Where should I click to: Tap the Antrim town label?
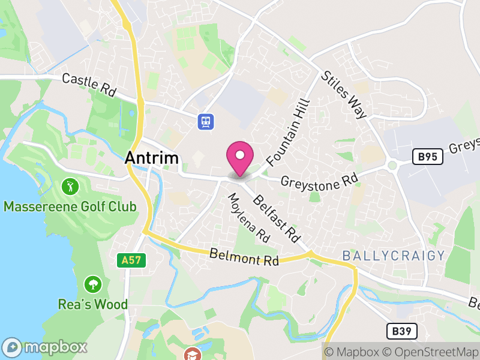[152, 158]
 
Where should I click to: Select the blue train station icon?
[206, 121]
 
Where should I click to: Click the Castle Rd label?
[89, 85]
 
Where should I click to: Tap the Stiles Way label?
[344, 95]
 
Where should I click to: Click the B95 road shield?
[428, 157]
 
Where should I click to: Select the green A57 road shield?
[131, 260]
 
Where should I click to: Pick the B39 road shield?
[401, 331]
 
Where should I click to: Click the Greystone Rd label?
[319, 179]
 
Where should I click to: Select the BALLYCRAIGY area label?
[394, 256]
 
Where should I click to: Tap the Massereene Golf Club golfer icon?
[70, 186]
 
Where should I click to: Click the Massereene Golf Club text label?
[70, 207]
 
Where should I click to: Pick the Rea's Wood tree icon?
[92, 283]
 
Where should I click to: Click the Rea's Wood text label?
[93, 304]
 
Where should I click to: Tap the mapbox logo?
[46, 347]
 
